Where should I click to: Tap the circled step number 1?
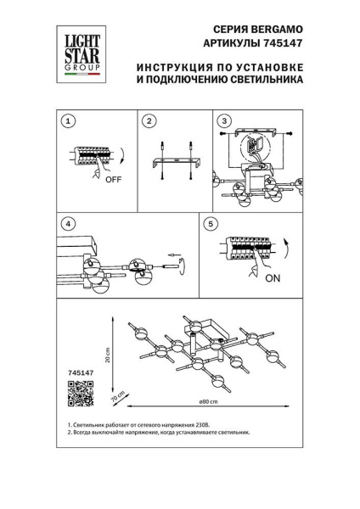click(68, 122)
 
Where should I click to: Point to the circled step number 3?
click(225, 122)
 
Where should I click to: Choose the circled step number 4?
click(68, 225)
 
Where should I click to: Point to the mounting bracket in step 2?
click(177, 162)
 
